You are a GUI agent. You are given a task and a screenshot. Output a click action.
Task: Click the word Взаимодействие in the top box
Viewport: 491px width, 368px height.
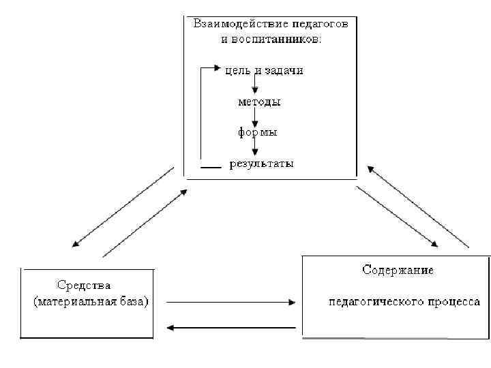coord(230,24)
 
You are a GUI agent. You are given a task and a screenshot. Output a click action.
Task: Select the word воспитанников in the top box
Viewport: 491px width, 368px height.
coord(279,39)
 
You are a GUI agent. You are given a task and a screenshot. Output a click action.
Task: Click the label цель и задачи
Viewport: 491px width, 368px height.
coord(265,70)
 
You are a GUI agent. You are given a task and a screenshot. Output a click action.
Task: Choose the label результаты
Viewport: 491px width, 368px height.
coord(262,164)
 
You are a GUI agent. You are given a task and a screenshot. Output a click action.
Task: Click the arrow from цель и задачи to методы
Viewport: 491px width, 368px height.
coord(254,85)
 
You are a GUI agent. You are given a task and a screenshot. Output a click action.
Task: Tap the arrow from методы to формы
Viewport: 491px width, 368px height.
coord(254,117)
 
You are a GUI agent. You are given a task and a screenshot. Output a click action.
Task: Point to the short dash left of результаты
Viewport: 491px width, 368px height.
coord(211,167)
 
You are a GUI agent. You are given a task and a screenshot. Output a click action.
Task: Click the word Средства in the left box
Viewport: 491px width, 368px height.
coord(84,284)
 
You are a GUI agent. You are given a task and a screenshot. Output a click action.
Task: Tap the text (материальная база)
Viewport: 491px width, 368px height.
coord(91,301)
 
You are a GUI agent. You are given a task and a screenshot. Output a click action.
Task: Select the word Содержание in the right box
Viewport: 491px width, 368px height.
coord(398,270)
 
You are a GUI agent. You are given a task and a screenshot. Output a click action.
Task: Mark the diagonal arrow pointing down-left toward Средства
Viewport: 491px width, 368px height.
coord(123,206)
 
